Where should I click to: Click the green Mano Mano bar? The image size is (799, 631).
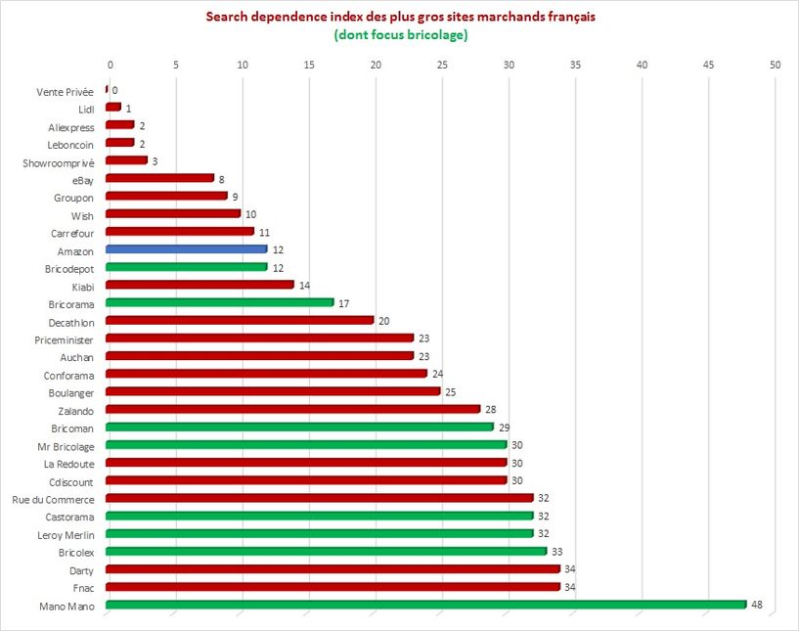425,605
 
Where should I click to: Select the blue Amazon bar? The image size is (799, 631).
186,249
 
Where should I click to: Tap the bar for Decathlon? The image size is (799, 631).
240,320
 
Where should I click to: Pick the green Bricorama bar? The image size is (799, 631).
219,302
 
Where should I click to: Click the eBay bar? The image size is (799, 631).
159,178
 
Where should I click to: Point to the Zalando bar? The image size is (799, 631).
292,409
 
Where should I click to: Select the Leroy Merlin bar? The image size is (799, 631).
319,533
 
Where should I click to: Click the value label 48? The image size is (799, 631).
756,606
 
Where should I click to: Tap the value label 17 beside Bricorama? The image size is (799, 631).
343,303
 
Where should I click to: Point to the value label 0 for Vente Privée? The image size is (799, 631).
114,90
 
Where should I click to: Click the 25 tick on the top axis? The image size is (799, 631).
442,65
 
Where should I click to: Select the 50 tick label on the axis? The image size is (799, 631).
775,65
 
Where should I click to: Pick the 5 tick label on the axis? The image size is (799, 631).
176,65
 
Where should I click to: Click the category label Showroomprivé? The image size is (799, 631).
58,161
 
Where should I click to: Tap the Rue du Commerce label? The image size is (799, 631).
53,499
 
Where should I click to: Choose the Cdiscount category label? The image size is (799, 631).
70,481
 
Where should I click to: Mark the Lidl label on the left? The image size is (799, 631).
86,109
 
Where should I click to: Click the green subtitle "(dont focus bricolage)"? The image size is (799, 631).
400,35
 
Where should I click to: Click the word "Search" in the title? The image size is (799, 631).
227,17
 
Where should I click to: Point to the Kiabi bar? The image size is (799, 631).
200,285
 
